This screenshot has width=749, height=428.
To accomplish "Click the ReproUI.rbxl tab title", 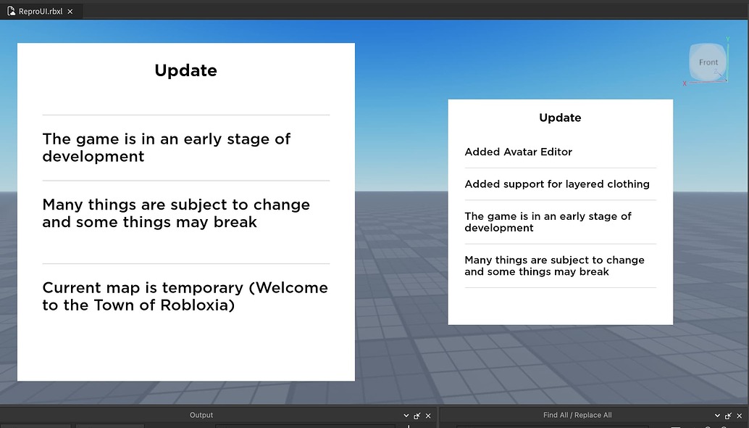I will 41,12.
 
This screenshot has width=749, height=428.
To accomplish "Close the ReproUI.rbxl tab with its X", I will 70,12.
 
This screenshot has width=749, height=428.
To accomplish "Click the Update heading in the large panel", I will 185,70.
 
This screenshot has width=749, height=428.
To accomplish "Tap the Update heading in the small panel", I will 560,118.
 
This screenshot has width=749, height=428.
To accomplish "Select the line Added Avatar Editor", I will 519,152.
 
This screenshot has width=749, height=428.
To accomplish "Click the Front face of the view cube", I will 708,62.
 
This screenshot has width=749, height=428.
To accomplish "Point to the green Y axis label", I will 727,39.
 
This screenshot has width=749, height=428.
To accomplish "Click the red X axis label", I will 685,83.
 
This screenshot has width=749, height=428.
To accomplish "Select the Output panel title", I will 201,415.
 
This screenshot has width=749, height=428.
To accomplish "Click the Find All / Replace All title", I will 577,415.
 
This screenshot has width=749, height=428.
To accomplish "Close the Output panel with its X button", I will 428,416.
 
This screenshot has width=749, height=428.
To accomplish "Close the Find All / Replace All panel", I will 739,416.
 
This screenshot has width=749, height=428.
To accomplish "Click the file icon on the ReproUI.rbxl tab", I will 11,12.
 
